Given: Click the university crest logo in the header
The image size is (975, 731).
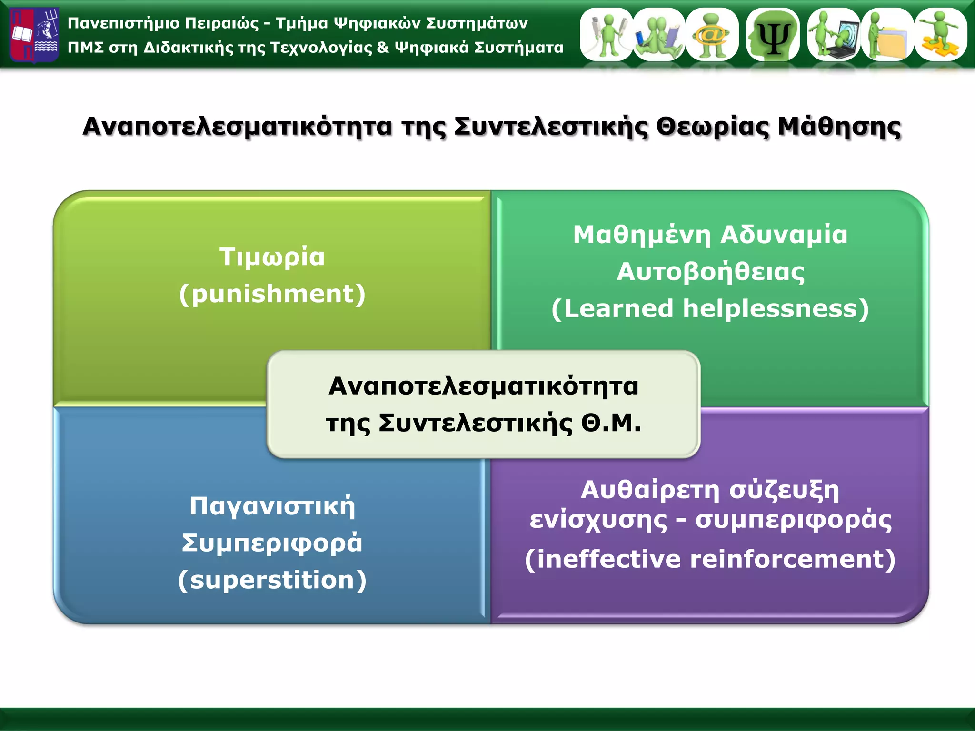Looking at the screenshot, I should (x=34, y=34).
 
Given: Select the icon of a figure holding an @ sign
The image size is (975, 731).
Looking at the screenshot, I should (x=712, y=34).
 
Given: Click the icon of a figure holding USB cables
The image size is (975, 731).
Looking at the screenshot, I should (x=607, y=34).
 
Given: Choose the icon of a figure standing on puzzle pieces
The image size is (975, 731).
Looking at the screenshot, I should (x=941, y=34).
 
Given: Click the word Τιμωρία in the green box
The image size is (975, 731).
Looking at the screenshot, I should (x=272, y=257).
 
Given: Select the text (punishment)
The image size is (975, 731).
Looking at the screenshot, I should (x=272, y=294).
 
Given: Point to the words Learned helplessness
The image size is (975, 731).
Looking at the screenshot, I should (x=710, y=309).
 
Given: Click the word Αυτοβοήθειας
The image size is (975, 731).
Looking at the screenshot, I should (x=710, y=272).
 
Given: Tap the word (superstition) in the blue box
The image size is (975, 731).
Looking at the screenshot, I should (x=272, y=580).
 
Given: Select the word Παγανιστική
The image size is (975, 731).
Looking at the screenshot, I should (x=272, y=506).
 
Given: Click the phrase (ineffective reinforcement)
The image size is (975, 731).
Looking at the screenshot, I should (x=710, y=559).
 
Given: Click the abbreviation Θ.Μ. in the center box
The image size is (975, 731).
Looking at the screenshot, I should (x=611, y=423).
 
